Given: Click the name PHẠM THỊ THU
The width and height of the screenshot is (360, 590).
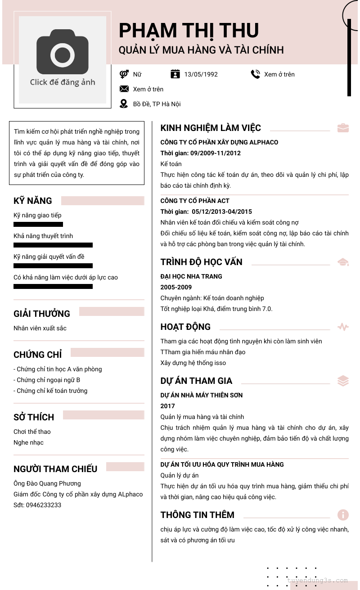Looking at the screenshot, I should click(189, 31).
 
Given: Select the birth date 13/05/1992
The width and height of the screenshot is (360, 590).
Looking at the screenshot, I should click(201, 74).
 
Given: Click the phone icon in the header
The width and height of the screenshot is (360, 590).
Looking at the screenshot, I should click(256, 74).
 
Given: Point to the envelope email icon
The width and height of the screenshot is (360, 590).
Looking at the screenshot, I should click(124, 89).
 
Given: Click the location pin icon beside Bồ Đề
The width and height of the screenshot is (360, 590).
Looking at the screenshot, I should click(124, 104).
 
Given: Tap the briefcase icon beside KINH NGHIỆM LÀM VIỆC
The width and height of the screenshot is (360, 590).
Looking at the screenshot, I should click(343, 128).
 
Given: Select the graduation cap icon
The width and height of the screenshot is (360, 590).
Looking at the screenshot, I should click(343, 262).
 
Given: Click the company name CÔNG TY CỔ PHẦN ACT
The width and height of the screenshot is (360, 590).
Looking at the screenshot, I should click(195, 201).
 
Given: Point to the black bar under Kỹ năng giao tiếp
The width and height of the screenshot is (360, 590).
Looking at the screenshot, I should click(38, 224).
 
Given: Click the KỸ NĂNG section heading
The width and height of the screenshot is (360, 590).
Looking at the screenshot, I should click(33, 201).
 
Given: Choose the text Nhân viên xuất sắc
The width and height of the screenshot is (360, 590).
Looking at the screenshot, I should click(40, 328).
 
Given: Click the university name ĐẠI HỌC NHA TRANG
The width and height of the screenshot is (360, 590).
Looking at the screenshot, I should click(191, 276).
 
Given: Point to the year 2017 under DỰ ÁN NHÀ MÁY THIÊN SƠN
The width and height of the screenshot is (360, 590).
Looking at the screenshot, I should click(168, 406).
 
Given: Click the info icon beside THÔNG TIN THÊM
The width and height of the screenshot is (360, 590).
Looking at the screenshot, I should click(343, 515).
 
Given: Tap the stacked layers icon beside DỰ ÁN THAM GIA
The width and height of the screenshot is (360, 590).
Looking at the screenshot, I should click(343, 381).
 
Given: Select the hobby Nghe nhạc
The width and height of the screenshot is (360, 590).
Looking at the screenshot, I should click(28, 442).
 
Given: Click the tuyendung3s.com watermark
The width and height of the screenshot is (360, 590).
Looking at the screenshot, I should click(317, 581).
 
